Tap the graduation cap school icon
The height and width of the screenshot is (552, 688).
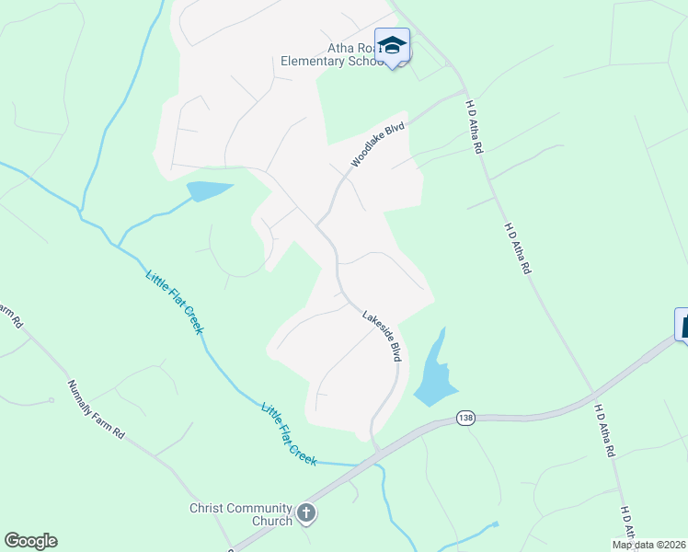393,45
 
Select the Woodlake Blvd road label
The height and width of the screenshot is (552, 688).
377,144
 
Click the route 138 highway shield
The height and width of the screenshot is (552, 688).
466,420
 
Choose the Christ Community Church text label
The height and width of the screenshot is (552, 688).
241,513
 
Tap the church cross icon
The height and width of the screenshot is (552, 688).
306,513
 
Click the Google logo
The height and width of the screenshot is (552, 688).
30,541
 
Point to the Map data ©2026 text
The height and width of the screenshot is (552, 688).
648,545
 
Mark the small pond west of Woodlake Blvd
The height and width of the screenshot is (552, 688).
209,191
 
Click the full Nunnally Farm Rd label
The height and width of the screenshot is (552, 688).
96,408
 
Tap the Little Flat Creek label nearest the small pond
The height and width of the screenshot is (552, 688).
174,301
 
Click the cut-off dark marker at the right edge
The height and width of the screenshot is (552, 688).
682,324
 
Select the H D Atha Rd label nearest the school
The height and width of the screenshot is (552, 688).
474,126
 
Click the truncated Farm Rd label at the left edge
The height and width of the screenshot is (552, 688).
10,318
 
